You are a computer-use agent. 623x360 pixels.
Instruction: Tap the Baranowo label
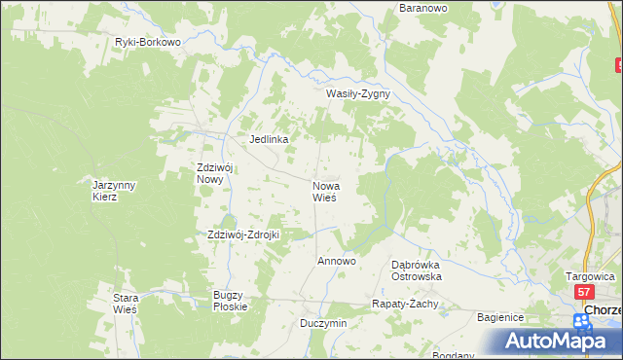tap(423, 8)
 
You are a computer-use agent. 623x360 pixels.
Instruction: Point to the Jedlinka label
tap(269, 139)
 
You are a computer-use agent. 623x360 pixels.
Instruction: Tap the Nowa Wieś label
tap(324, 191)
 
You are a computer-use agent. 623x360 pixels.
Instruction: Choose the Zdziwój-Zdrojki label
tap(243, 234)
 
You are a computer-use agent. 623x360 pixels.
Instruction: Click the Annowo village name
tap(337, 262)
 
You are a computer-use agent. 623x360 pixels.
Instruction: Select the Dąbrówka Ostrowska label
tap(417, 270)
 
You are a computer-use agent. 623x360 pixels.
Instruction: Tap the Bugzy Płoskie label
tap(231, 300)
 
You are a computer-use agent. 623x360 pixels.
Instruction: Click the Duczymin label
tap(323, 322)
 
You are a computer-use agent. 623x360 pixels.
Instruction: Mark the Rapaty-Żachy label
tap(406, 304)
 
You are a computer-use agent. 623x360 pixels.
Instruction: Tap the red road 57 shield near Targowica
tap(583, 292)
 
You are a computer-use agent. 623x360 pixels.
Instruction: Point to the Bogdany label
tap(454, 355)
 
